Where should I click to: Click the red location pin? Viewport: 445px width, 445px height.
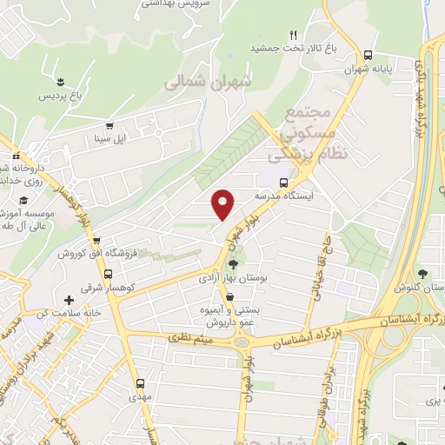click(x=223, y=204)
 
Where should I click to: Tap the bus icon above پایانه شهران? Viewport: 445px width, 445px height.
click(x=369, y=53)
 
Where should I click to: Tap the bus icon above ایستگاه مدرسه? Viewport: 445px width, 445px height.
click(x=283, y=183)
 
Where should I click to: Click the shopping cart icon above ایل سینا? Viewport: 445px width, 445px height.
click(x=109, y=126)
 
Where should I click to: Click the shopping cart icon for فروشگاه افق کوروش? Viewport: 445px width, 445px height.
click(x=96, y=241)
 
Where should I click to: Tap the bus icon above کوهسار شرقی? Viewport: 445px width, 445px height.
click(x=96, y=270)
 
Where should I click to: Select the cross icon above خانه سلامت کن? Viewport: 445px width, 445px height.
click(x=69, y=300)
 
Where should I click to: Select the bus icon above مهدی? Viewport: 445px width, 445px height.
click(x=140, y=382)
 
